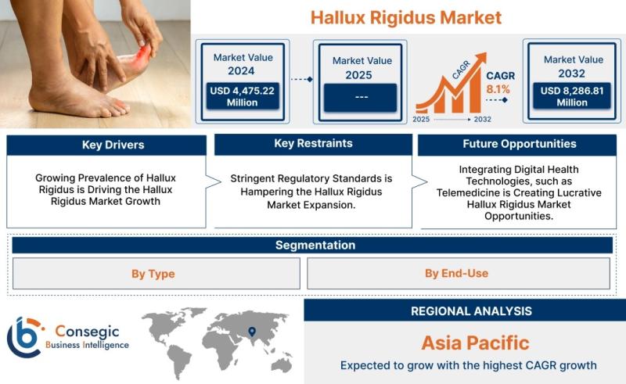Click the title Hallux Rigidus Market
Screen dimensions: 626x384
(x=406, y=17)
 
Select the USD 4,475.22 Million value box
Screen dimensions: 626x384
(x=243, y=96)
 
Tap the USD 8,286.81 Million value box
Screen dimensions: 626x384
(x=572, y=96)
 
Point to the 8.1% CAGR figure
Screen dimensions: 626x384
(x=498, y=89)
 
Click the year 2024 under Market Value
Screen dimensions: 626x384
(x=241, y=70)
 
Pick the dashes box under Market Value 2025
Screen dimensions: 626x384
(x=360, y=98)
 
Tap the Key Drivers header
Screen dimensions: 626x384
(x=106, y=145)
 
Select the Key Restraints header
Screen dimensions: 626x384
(x=314, y=144)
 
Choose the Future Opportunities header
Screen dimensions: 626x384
(x=517, y=145)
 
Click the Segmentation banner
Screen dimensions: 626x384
(x=312, y=245)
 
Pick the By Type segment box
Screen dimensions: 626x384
(x=156, y=274)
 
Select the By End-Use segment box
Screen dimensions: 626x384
(x=459, y=274)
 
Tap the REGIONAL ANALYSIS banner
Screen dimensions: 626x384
(x=465, y=310)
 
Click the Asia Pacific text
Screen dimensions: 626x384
(x=475, y=343)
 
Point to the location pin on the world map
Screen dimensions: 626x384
(x=252, y=332)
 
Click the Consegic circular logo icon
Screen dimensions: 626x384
(x=25, y=337)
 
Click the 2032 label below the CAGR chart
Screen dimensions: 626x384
(x=482, y=120)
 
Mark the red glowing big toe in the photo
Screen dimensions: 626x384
(x=143, y=55)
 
